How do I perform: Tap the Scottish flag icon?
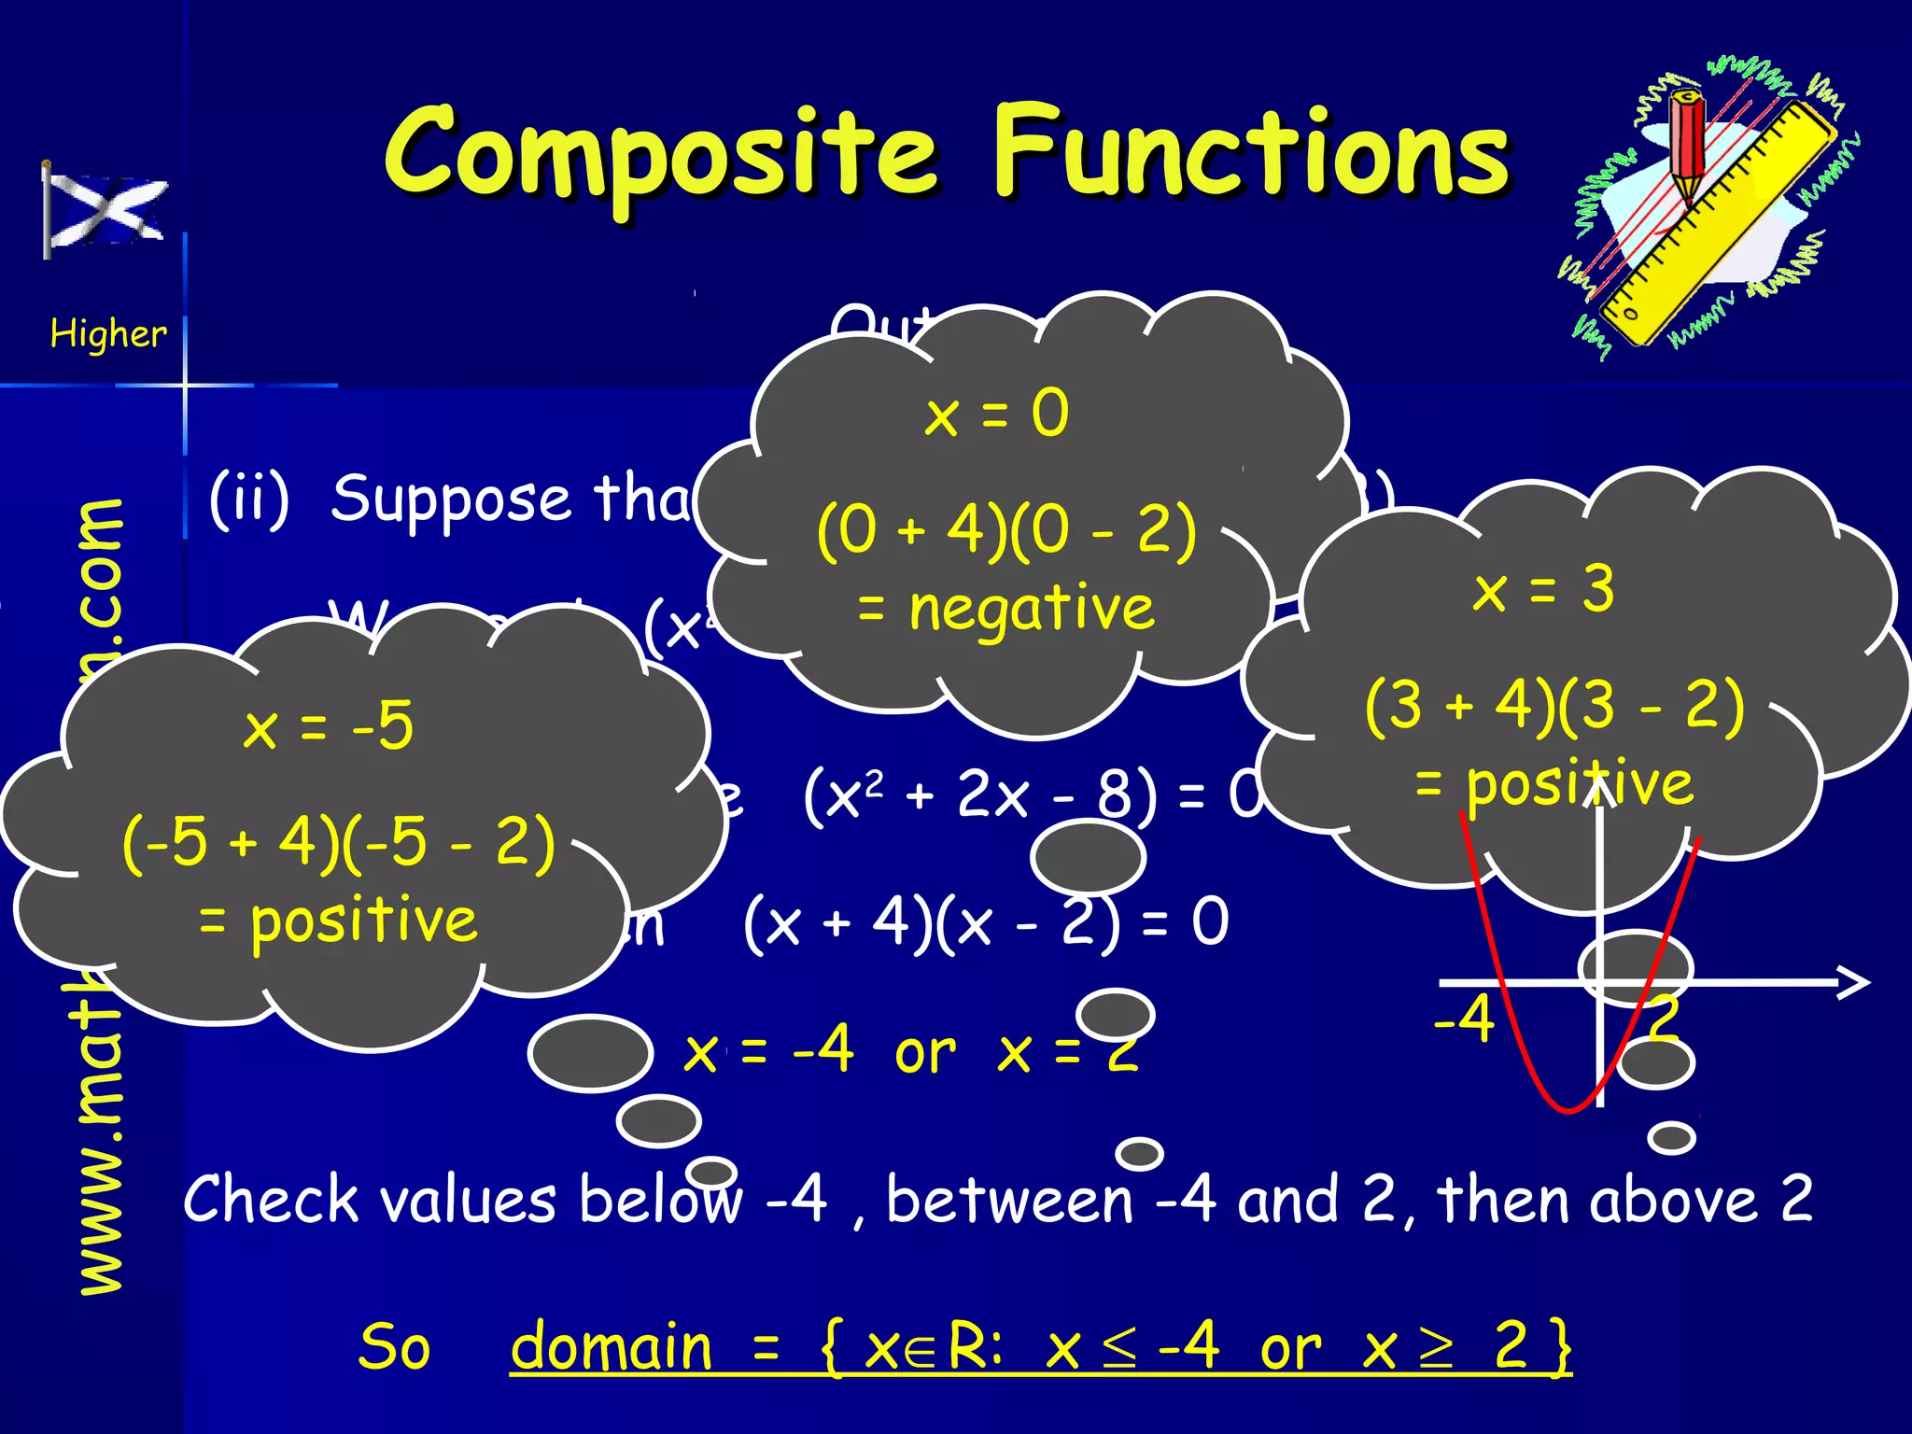pyautogui.click(x=105, y=211)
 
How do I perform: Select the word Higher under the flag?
pyautogui.click(x=108, y=333)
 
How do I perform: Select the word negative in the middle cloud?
pyautogui.click(x=1032, y=609)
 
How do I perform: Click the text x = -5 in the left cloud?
pyautogui.click(x=328, y=726)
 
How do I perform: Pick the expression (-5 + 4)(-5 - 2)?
pyautogui.click(x=338, y=843)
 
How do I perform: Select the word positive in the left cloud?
pyautogui.click(x=364, y=921)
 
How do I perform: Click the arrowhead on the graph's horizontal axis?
pyautogui.click(x=1852, y=982)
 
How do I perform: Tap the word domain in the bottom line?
pyautogui.click(x=612, y=1347)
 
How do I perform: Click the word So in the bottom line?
pyautogui.click(x=394, y=1347)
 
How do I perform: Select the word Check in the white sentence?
pyautogui.click(x=271, y=1200)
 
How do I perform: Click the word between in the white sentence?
pyautogui.click(x=1008, y=1200)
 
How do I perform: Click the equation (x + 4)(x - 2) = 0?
pyautogui.click(x=986, y=922)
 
